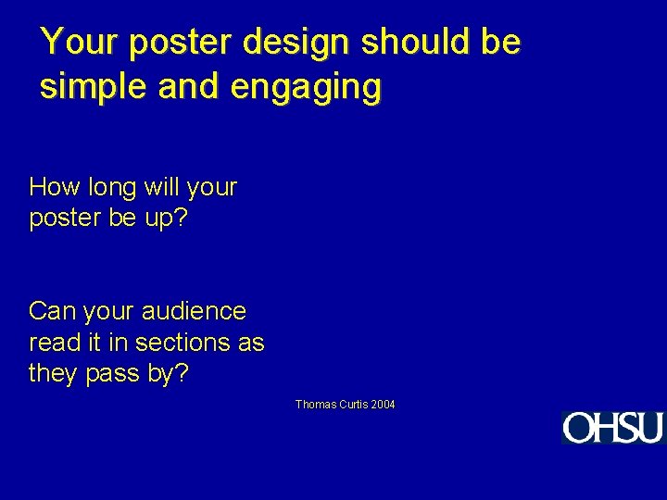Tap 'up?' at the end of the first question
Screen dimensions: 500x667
(x=166, y=221)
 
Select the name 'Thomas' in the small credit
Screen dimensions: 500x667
(x=315, y=405)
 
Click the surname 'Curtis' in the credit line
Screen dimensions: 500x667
(x=353, y=405)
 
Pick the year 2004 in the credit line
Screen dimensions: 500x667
(x=384, y=405)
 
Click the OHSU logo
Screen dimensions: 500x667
(x=612, y=428)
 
